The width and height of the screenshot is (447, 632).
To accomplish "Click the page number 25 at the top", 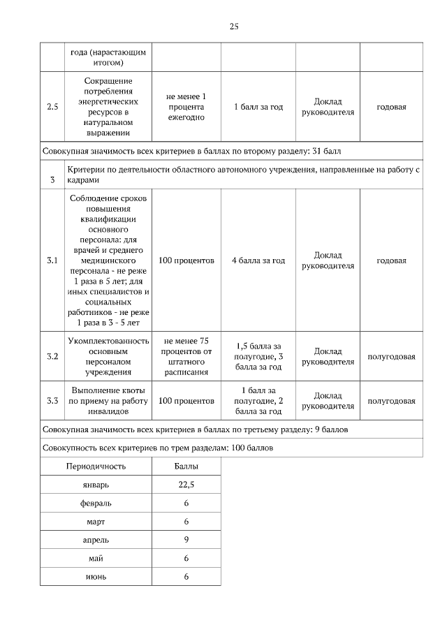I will (234, 27).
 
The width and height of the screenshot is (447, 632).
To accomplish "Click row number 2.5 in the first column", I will (52, 107).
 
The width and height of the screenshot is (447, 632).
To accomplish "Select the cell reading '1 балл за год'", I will (258, 107).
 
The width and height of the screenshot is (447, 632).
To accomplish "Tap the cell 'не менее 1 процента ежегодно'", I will (186, 107).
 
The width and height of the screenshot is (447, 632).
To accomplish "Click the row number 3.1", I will (52, 260).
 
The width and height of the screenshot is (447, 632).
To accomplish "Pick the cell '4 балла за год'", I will (258, 260).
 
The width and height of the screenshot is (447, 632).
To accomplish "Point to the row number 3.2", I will (52, 357).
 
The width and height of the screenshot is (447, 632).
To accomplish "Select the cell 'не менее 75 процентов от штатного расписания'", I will (186, 357).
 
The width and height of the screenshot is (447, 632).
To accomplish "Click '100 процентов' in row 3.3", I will (186, 401).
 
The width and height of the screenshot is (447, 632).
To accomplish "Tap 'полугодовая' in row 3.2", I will (391, 357).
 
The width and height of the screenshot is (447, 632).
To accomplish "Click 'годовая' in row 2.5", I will (391, 107).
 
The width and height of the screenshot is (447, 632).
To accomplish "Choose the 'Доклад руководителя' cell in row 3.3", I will (328, 401).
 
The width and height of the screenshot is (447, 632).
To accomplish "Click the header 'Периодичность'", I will (96, 465).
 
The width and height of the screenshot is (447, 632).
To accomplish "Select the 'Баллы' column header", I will (186, 465).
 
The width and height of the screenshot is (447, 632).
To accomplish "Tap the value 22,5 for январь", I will (186, 484).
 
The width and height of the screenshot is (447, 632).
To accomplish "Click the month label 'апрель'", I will (96, 539).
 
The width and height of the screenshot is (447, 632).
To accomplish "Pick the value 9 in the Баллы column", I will (186, 539).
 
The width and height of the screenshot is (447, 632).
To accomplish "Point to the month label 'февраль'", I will (96, 503).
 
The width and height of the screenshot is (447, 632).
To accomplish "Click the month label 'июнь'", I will (96, 576).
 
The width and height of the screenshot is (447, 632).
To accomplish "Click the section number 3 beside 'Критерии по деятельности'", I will (52, 180).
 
